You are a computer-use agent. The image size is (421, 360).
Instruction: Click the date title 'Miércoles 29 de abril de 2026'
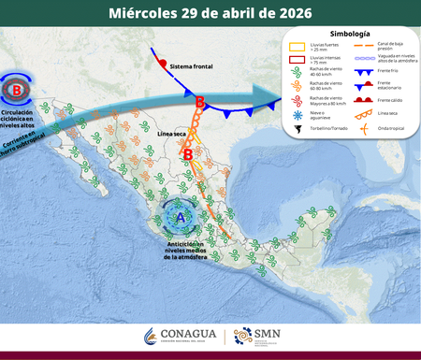(x=210, y=14)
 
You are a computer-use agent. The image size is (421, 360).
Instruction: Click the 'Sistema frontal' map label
(x=192, y=66)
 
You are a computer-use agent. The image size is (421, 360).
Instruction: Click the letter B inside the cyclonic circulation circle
(x=17, y=91)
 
